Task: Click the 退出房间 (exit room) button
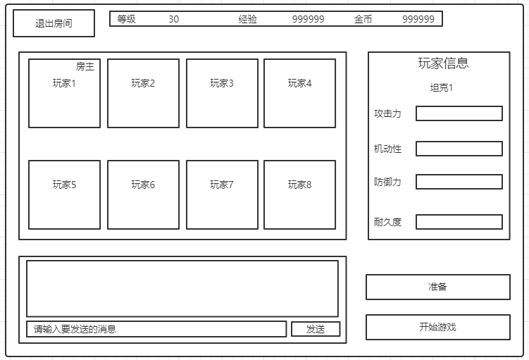click(x=54, y=23)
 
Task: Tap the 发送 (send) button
click(x=316, y=329)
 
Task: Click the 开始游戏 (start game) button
click(x=437, y=327)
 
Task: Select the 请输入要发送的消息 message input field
click(x=156, y=329)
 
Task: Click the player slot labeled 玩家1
click(x=64, y=93)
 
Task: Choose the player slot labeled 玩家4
click(x=299, y=93)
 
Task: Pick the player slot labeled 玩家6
click(x=143, y=194)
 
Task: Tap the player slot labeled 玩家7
click(x=221, y=194)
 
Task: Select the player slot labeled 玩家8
click(x=299, y=194)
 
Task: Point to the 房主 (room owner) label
click(x=85, y=67)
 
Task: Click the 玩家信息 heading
click(x=443, y=63)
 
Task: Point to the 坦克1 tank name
click(x=442, y=88)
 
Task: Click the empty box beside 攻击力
click(x=459, y=113)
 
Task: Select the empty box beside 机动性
click(x=459, y=149)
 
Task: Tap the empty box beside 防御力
click(x=459, y=182)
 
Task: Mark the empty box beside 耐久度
click(x=459, y=222)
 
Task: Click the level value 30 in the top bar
click(x=174, y=19)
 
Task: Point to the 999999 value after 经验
click(x=308, y=19)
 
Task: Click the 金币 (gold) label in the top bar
click(x=363, y=19)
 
